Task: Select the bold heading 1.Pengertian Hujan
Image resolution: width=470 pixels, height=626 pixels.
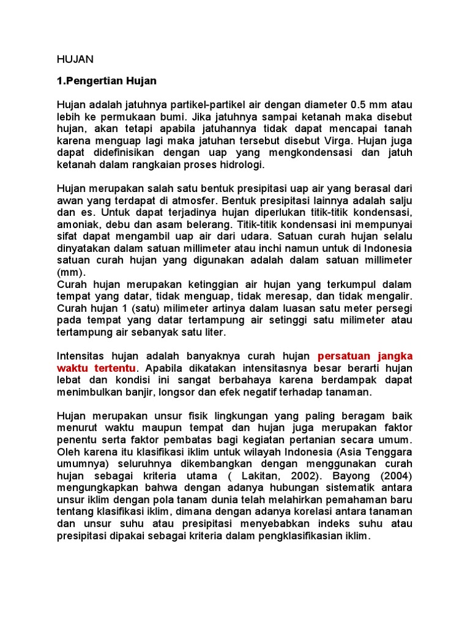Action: (106, 81)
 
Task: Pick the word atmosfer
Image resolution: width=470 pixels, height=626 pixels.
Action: (196, 199)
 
